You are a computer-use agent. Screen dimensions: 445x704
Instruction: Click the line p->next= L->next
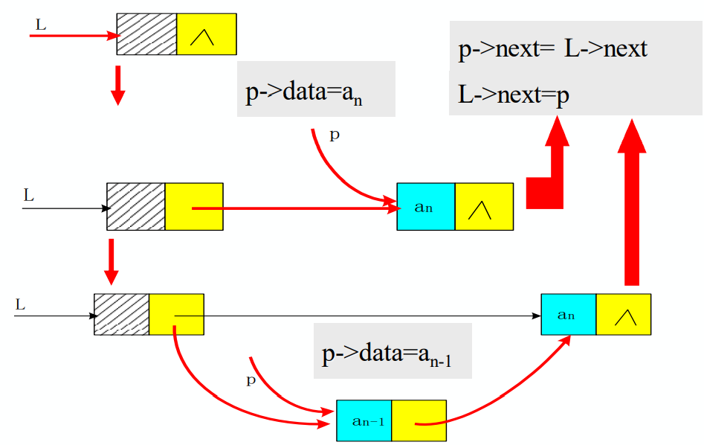(552, 49)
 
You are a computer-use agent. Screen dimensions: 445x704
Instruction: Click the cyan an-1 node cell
(364, 421)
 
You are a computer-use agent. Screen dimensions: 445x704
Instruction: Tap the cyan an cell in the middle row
(425, 207)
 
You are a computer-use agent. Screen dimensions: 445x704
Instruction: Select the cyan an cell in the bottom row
(569, 315)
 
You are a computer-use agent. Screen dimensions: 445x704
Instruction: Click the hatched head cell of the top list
(146, 34)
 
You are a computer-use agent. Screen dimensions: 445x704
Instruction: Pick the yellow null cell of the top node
(206, 34)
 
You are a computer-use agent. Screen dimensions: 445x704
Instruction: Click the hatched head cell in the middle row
(136, 207)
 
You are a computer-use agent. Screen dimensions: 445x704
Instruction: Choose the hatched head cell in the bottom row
(122, 315)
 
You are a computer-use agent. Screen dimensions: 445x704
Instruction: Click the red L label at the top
(40, 25)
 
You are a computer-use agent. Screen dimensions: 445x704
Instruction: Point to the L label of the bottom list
(20, 304)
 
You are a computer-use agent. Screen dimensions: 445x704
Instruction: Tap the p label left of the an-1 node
(251, 380)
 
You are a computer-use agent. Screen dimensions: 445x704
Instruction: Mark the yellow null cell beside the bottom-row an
(623, 315)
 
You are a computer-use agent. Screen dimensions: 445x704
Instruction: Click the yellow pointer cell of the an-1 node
(419, 421)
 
